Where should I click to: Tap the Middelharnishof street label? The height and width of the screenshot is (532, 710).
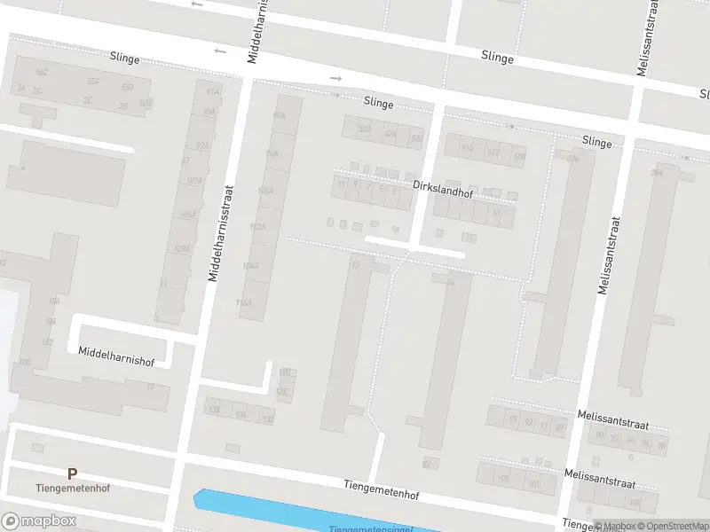click(116, 352)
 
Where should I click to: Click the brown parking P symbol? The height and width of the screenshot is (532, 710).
click(72, 474)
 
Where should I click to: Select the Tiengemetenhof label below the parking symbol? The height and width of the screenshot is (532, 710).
click(71, 489)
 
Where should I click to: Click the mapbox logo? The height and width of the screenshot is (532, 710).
click(38, 520)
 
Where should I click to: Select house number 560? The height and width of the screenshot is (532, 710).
click(41, 73)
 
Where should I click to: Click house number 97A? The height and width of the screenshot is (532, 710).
click(211, 92)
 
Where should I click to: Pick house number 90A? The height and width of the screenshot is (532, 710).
click(280, 116)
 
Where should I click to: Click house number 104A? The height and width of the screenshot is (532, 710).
click(250, 265)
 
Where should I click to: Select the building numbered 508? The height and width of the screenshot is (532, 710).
click(519, 157)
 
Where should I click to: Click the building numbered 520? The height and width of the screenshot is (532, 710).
click(364, 129)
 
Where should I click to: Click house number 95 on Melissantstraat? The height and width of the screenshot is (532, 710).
click(513, 419)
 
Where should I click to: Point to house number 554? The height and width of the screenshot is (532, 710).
click(92, 82)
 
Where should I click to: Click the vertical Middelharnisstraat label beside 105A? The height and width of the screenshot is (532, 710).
click(220, 232)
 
